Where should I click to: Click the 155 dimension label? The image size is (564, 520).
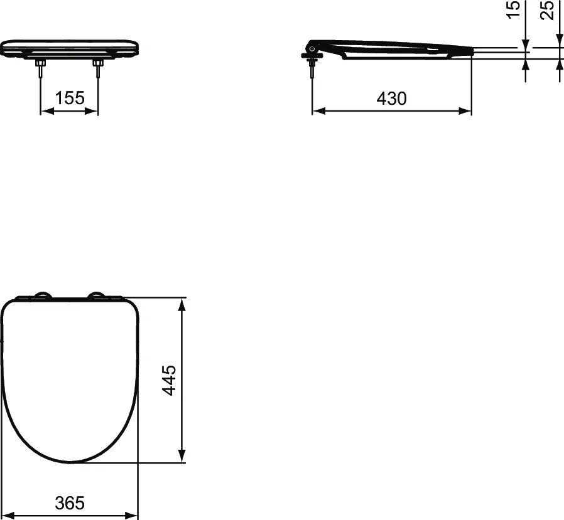70,98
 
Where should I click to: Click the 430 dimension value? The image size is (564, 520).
392,98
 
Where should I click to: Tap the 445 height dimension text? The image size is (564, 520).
168,380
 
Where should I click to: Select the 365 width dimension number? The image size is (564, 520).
69,502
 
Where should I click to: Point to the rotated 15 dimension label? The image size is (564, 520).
514,10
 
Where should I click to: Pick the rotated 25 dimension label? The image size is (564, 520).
548,10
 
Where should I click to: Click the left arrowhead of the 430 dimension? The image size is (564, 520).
318,111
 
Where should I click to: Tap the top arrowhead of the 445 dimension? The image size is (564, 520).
182,304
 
